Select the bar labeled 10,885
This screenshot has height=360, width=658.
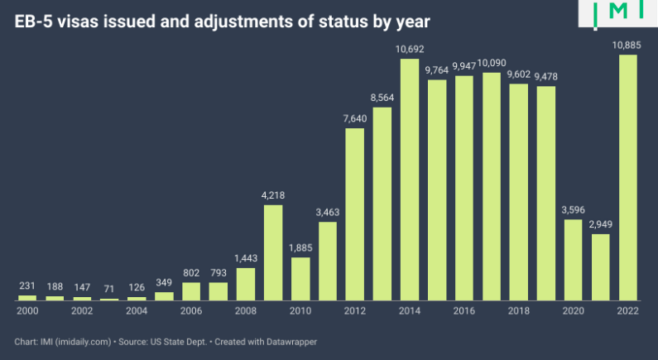[628, 177]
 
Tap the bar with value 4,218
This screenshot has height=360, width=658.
[273, 252]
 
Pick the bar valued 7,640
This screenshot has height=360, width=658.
[355, 214]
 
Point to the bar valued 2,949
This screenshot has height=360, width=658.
[600, 266]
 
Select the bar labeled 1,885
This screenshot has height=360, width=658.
[300, 279]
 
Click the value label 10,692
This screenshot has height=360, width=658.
[410, 50]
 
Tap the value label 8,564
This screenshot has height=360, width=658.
[382, 98]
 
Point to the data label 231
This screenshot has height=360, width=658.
[27, 286]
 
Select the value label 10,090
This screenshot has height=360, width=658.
[491, 63]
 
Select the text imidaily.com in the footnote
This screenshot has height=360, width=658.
[83, 342]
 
